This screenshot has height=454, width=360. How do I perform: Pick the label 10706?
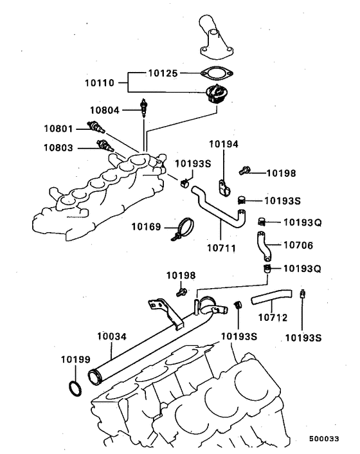point(299,244)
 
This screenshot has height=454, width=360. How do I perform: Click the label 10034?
point(113,336)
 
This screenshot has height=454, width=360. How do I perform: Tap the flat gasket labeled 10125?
point(215,74)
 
